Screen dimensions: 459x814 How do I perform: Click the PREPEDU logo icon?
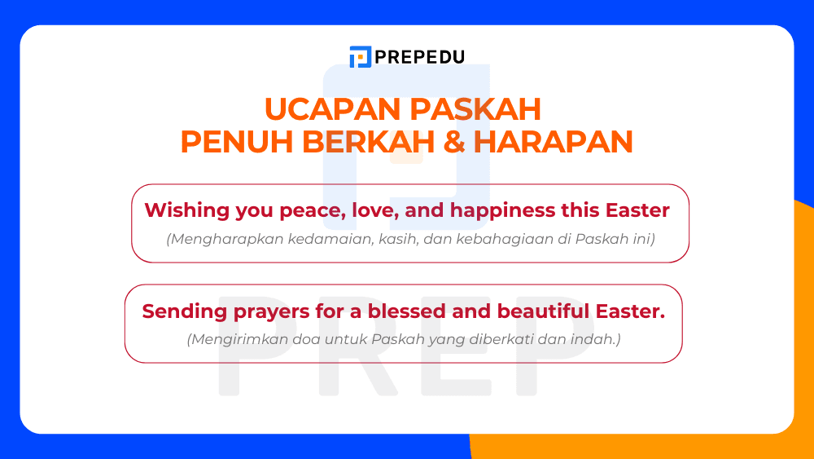pyautogui.click(x=360, y=57)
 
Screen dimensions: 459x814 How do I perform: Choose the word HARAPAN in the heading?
pyautogui.click(x=553, y=142)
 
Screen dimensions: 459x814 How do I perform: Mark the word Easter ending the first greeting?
pyautogui.click(x=637, y=210)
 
